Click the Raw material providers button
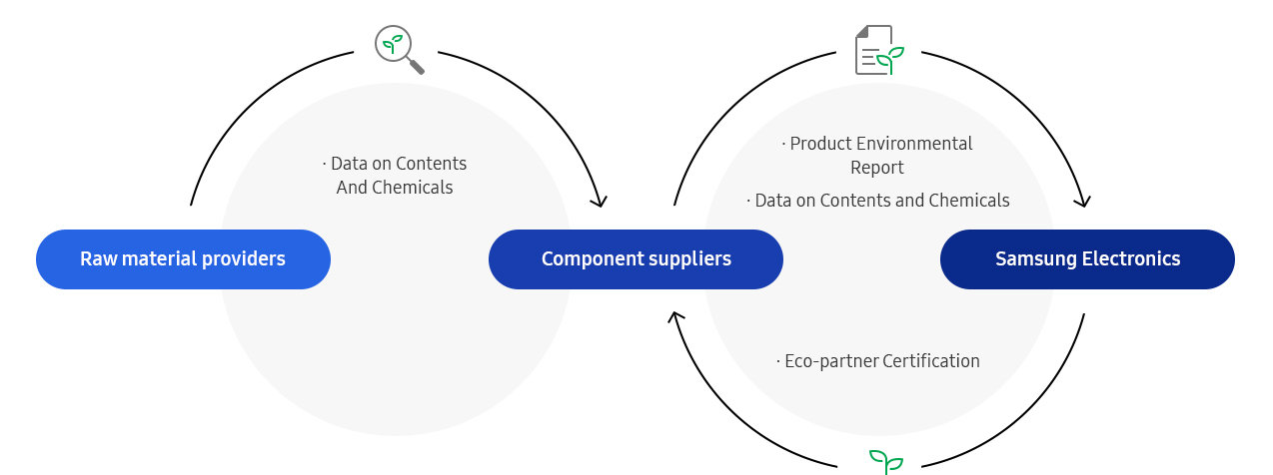tap(183, 259)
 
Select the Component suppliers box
tap(636, 259)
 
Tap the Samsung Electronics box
tap(1087, 259)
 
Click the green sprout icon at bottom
tap(885, 461)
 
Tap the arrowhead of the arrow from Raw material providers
tap(599, 202)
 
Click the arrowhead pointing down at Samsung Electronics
tap(1082, 202)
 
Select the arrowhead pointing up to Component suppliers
tap(676, 317)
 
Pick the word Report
tap(877, 168)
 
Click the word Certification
tap(929, 361)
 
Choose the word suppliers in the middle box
tap(687, 259)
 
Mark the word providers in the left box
tap(244, 259)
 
